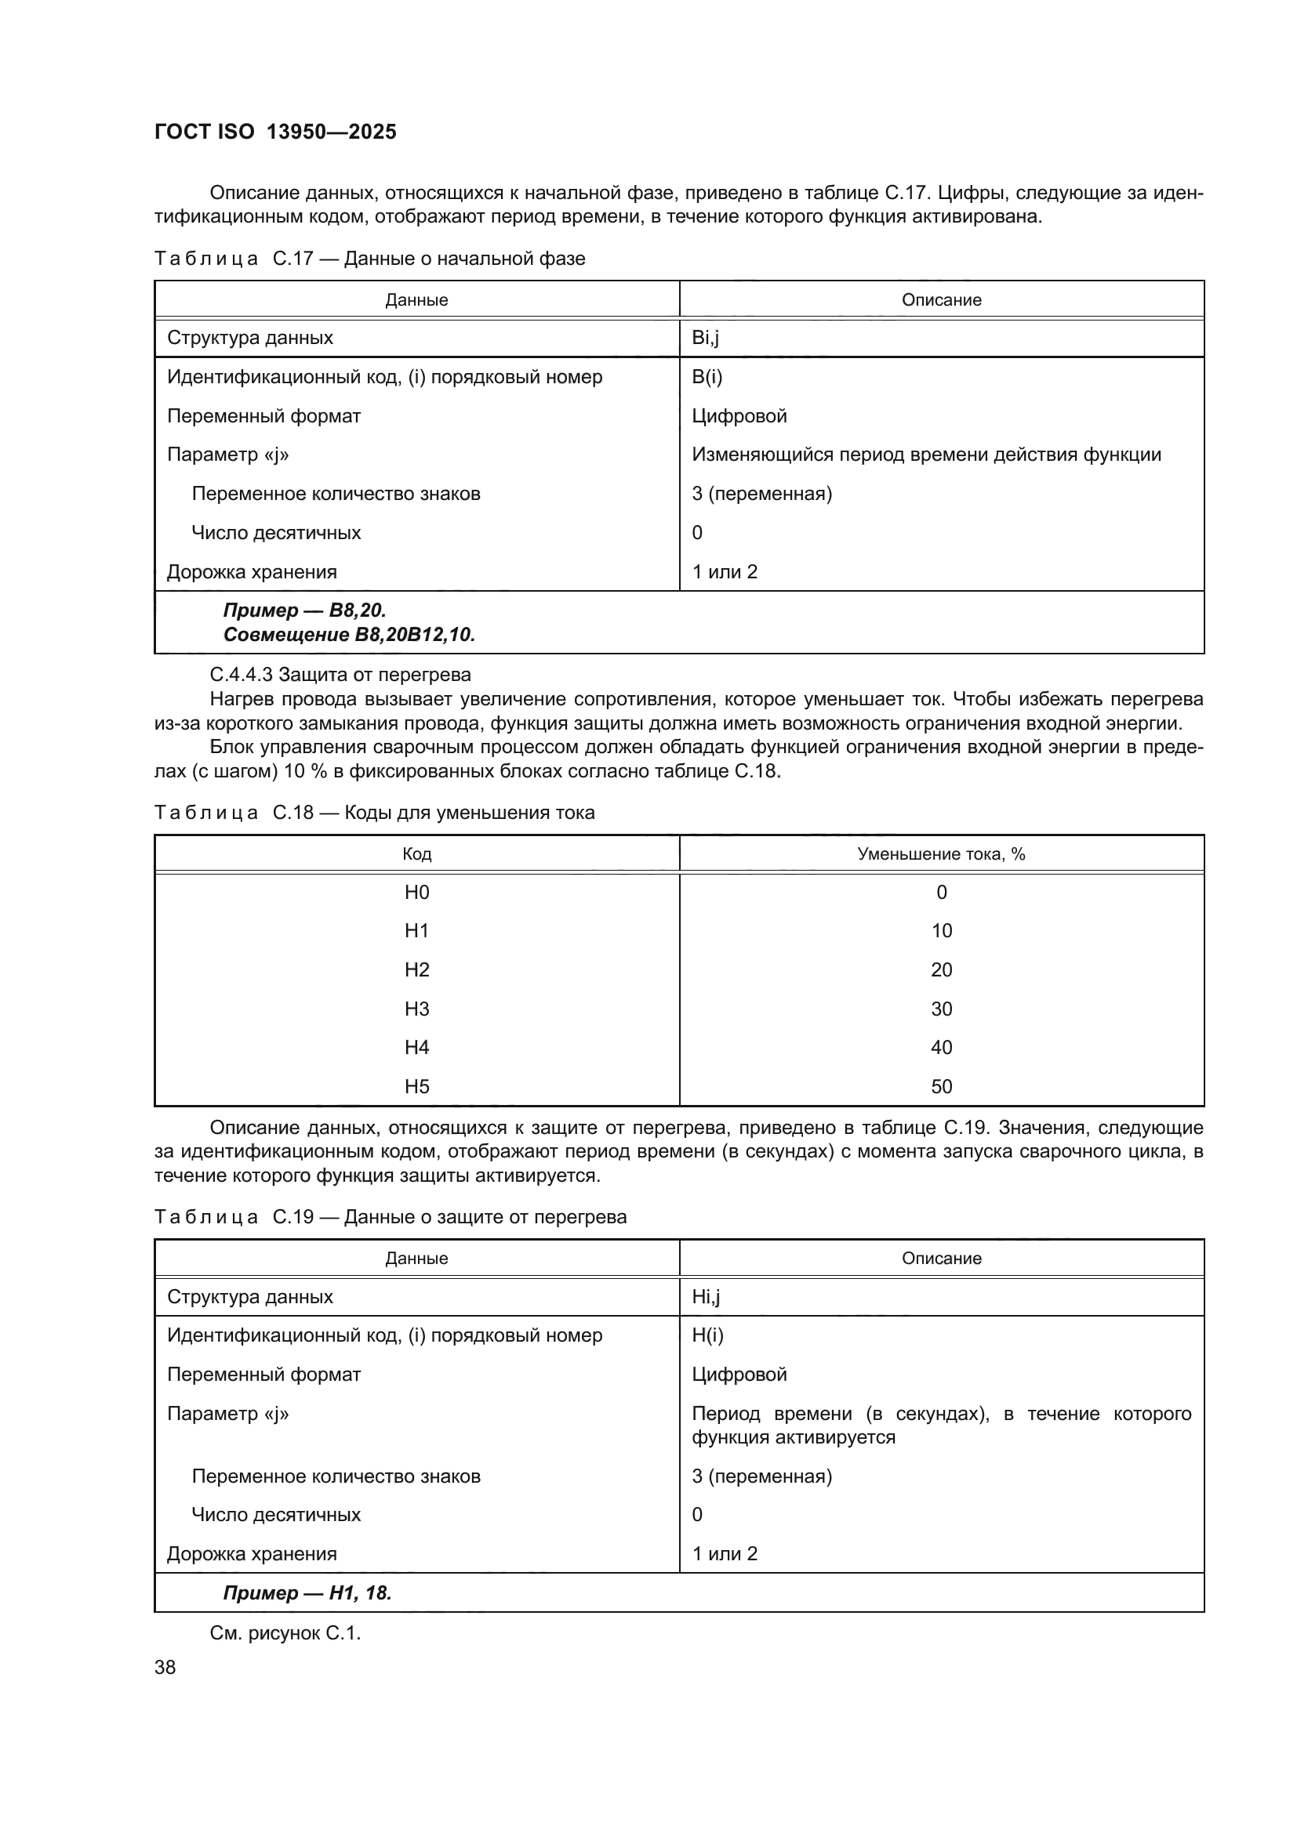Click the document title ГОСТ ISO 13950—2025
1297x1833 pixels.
[x=274, y=132]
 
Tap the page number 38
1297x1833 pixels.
[x=165, y=1667]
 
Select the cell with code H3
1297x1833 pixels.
[x=417, y=1009]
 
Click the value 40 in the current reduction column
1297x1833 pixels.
[x=941, y=1047]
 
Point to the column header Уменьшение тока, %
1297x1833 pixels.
[x=941, y=853]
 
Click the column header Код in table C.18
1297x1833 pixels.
[x=417, y=853]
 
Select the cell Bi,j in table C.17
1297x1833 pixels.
[x=705, y=338]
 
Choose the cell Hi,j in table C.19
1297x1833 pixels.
[x=705, y=1296]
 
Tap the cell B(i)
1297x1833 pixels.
[x=707, y=377]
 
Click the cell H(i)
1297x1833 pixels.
[x=707, y=1335]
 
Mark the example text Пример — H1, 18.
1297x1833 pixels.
[x=307, y=1592]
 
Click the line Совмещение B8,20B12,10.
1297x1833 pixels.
[x=349, y=635]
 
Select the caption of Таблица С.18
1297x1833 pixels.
[x=374, y=813]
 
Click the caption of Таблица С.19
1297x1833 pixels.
[x=390, y=1217]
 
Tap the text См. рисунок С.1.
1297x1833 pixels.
[x=285, y=1632]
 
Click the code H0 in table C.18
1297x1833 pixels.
[x=417, y=892]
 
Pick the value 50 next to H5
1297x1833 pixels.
[x=941, y=1085]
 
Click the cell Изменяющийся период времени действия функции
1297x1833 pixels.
[x=926, y=455]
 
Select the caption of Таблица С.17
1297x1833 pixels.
[x=369, y=259]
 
